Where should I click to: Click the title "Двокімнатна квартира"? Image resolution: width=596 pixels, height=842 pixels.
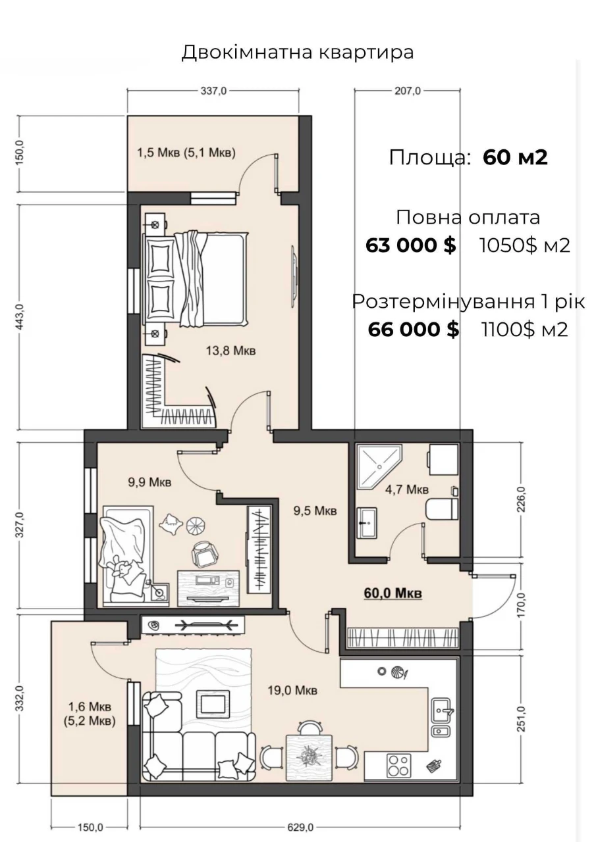298,52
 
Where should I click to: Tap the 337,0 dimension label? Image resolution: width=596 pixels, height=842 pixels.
213,91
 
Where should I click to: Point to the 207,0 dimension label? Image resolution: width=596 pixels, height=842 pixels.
408,91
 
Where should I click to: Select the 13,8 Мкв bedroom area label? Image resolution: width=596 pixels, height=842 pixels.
230,351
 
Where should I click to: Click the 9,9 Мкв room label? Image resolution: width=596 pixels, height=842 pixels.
149,482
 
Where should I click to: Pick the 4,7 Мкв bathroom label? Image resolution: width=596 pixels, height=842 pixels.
407,489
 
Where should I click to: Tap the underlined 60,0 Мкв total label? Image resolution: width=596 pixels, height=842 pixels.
393,593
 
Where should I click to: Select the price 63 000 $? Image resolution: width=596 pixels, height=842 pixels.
411,245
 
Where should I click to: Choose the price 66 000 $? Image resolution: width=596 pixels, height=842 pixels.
414,330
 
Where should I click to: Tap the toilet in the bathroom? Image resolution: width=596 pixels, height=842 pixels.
442,509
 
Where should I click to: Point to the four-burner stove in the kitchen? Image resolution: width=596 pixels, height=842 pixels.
399,765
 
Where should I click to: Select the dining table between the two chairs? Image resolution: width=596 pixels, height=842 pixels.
310,756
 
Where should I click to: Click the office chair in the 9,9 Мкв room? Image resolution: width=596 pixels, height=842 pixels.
204,555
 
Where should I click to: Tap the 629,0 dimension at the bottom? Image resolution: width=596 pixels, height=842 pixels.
300,827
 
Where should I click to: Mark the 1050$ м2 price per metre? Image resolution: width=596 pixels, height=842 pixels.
525,246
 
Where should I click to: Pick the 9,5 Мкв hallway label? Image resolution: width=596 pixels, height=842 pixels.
315,510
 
